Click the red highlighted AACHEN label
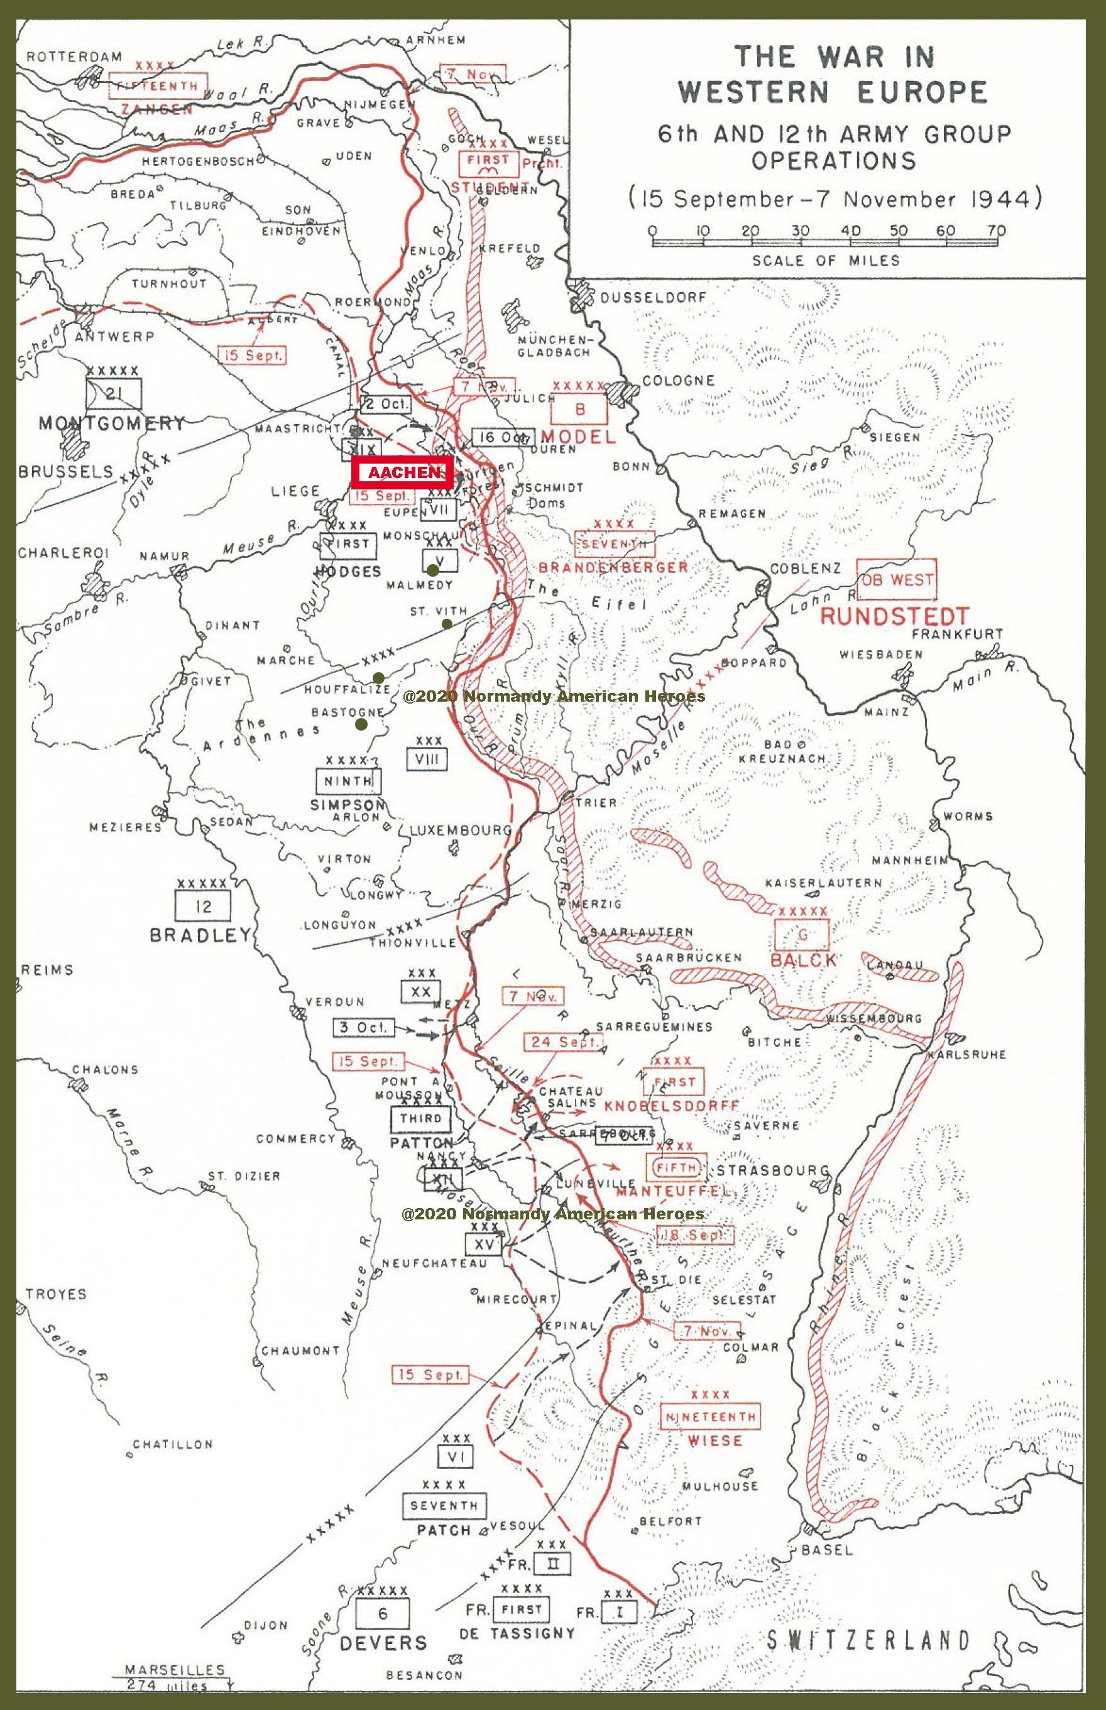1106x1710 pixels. click(x=402, y=473)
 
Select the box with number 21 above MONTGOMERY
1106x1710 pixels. click(x=114, y=393)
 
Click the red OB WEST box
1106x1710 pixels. click(x=897, y=579)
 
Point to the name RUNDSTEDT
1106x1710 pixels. click(x=894, y=616)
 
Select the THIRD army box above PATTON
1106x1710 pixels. click(x=421, y=1118)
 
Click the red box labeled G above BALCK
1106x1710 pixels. click(x=803, y=934)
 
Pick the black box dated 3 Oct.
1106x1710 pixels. click(x=363, y=1027)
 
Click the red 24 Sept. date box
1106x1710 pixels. click(x=564, y=1042)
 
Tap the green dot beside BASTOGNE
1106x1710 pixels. click(x=361, y=724)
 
